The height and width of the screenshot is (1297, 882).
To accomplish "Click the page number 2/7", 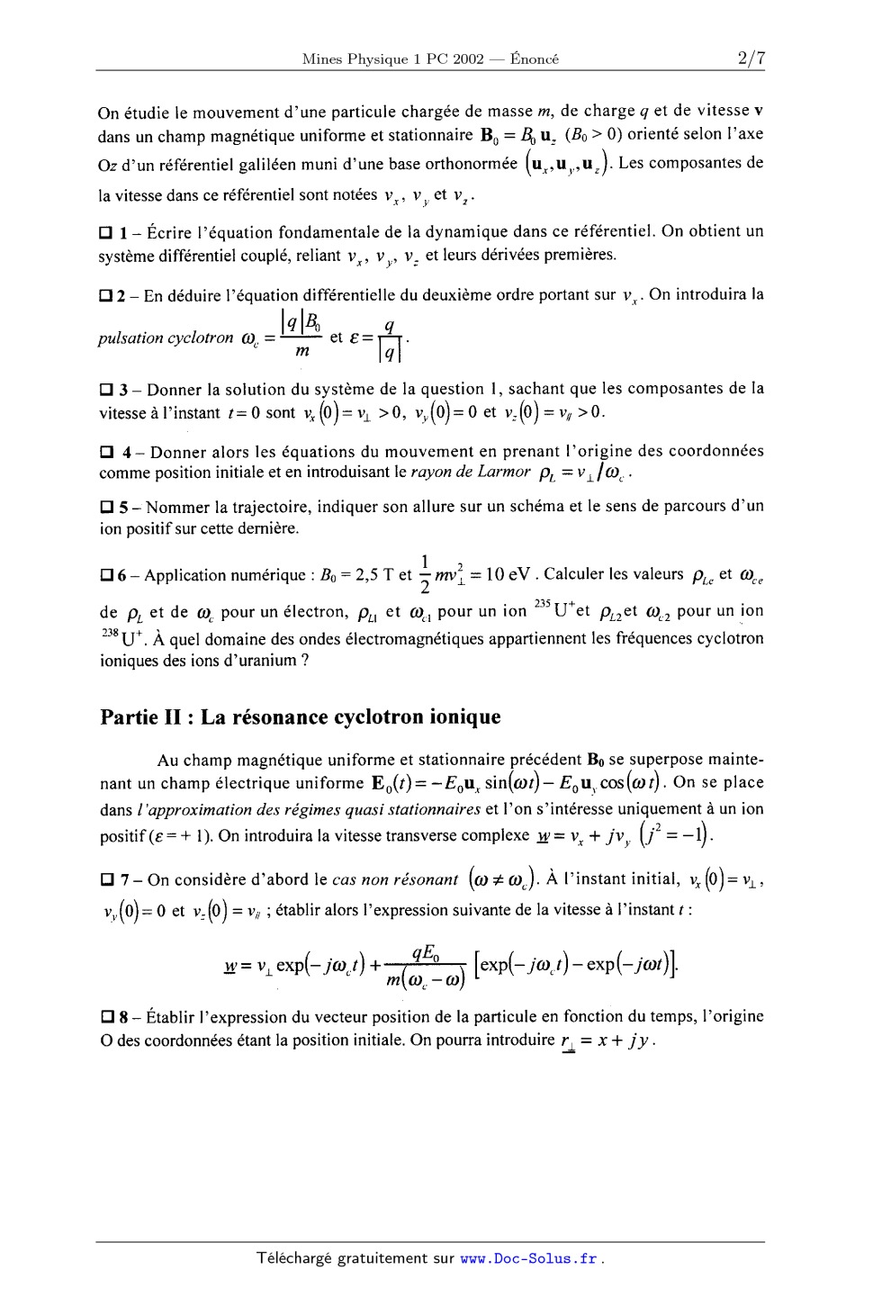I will [750, 59].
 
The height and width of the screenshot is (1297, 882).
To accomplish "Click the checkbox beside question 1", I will [105, 232].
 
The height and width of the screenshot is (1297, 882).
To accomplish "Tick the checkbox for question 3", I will [105, 391].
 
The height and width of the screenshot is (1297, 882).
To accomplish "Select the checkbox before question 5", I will [105, 507].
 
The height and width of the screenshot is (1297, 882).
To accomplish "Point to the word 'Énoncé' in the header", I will [535, 59].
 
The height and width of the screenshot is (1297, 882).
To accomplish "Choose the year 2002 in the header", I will [467, 59].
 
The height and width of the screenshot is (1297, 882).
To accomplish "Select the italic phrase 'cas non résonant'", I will [395, 880].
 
